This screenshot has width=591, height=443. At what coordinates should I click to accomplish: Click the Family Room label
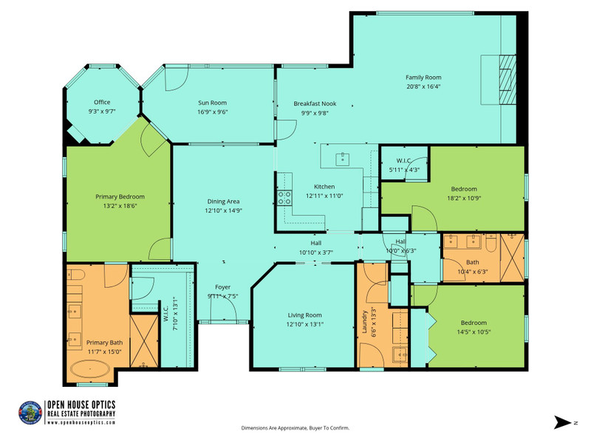point(423,78)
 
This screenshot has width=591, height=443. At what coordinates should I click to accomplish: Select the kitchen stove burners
point(284,198)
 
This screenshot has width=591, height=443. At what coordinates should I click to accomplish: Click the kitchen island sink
point(343,159)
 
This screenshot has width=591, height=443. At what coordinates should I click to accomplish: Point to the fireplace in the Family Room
point(508,80)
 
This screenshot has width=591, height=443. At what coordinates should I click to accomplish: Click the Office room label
point(102,102)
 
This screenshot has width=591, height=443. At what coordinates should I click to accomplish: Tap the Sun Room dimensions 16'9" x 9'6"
point(213,112)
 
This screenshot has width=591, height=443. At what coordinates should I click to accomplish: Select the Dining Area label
point(223,202)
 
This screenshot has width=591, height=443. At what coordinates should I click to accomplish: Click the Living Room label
point(304,315)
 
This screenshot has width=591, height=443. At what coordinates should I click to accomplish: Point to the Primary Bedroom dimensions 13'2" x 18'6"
point(120,206)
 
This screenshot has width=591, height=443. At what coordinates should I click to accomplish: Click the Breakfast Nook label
point(315,103)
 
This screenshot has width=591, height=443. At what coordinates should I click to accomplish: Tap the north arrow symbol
point(562,422)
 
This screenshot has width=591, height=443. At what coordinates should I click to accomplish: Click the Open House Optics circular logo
point(30,413)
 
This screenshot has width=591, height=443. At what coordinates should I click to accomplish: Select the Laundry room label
point(364,322)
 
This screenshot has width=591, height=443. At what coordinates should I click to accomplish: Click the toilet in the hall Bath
point(491,243)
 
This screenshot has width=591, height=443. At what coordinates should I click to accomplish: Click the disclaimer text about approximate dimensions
point(295,428)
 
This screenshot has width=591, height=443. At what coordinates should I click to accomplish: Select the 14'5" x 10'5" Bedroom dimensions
point(474,332)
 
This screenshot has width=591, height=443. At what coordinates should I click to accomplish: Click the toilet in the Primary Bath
point(76,275)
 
